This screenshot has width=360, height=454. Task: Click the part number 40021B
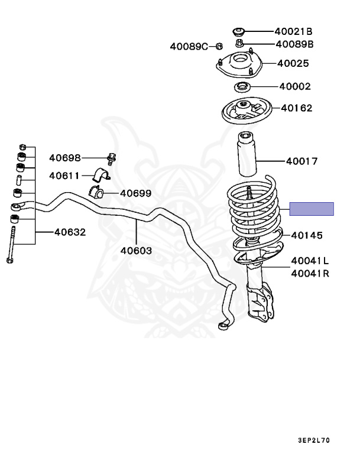(x=293, y=31)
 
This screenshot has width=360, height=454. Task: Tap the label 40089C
(x=189, y=46)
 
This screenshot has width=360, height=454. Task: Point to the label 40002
(x=295, y=86)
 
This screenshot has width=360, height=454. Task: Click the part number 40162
(x=297, y=108)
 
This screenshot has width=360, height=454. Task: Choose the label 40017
(x=301, y=161)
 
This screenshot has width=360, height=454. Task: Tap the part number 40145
(x=306, y=235)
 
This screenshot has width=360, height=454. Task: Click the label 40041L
(x=310, y=261)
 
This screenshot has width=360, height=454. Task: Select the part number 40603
(x=136, y=251)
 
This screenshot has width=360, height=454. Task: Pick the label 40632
(x=70, y=232)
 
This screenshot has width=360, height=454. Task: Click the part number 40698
(x=64, y=158)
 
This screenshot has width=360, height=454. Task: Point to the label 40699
(x=136, y=193)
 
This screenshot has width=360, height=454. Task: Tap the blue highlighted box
(x=312, y=209)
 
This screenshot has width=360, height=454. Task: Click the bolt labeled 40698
(x=111, y=158)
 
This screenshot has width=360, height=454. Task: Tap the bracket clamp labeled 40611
(x=102, y=176)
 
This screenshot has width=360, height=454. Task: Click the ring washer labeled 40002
(x=242, y=88)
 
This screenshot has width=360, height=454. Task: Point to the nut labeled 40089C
(x=218, y=46)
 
